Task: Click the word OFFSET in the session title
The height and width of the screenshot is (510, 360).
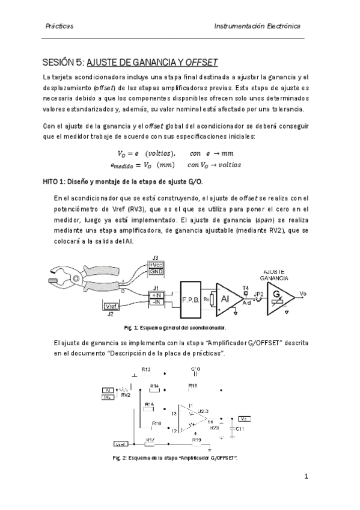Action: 201,62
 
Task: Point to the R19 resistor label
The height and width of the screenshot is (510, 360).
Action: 196,440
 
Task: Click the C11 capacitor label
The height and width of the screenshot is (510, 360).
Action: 240,428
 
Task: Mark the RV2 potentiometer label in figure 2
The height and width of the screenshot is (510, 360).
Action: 126,395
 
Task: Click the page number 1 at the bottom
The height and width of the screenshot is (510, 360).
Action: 306,477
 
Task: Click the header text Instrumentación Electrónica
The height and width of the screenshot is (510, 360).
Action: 257,27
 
